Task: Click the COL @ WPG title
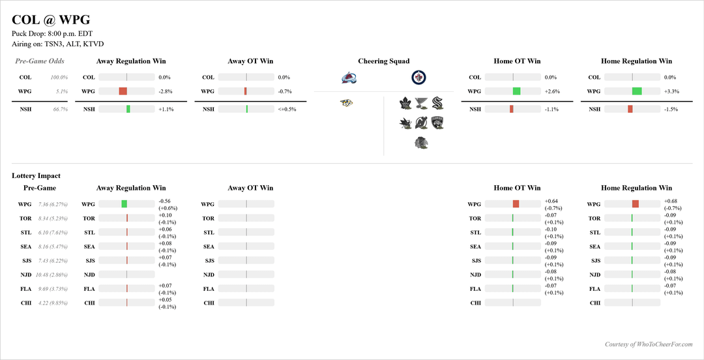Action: tap(51, 20)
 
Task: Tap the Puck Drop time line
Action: tap(52, 34)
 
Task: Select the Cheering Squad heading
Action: tap(384, 61)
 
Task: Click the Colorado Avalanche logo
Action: tap(348, 78)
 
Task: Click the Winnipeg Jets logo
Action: tap(418, 78)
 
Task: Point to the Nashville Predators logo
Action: tap(347, 102)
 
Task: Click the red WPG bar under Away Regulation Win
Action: tap(123, 91)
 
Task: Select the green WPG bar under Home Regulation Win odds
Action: tap(637, 91)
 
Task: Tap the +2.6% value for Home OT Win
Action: tap(552, 91)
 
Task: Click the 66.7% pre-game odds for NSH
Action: tap(59, 110)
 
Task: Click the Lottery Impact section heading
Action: tap(36, 175)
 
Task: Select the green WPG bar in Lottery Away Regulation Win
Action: tap(124, 204)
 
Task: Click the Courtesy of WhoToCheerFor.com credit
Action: tap(649, 344)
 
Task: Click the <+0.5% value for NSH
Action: tap(287, 110)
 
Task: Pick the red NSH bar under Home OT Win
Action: tap(512, 109)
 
